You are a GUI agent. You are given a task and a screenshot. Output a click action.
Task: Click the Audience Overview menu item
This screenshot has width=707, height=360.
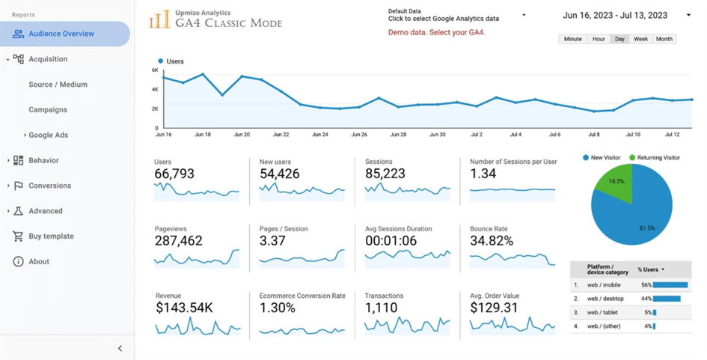(x=61, y=34)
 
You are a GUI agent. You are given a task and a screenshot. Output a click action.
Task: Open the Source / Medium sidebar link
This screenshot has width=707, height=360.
(x=58, y=85)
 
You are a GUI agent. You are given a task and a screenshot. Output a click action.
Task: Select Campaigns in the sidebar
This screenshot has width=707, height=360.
(x=48, y=110)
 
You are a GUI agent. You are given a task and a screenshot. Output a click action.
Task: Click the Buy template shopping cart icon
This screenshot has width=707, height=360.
(x=18, y=237)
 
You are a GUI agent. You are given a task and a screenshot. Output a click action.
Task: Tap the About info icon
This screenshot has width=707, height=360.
(x=18, y=262)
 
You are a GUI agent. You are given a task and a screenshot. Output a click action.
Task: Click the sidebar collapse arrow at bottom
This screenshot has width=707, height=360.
(x=120, y=348)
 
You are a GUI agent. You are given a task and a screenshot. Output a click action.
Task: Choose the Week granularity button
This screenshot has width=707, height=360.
(x=640, y=39)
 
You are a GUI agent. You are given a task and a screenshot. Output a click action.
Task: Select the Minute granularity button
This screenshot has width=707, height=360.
(x=572, y=39)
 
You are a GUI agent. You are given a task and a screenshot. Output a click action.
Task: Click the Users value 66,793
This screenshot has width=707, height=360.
(x=174, y=174)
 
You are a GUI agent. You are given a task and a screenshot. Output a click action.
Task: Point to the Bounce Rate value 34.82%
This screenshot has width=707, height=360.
(x=492, y=241)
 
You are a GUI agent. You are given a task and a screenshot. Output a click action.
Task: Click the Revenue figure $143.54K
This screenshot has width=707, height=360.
(x=184, y=308)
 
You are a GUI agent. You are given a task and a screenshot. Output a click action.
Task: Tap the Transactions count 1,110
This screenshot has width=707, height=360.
(x=382, y=308)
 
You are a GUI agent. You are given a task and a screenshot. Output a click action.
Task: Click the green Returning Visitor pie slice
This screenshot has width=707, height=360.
(x=616, y=183)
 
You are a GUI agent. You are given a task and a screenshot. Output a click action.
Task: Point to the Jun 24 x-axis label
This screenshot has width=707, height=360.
(x=319, y=135)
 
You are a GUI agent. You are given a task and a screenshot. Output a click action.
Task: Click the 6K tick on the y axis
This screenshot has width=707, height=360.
(x=155, y=70)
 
